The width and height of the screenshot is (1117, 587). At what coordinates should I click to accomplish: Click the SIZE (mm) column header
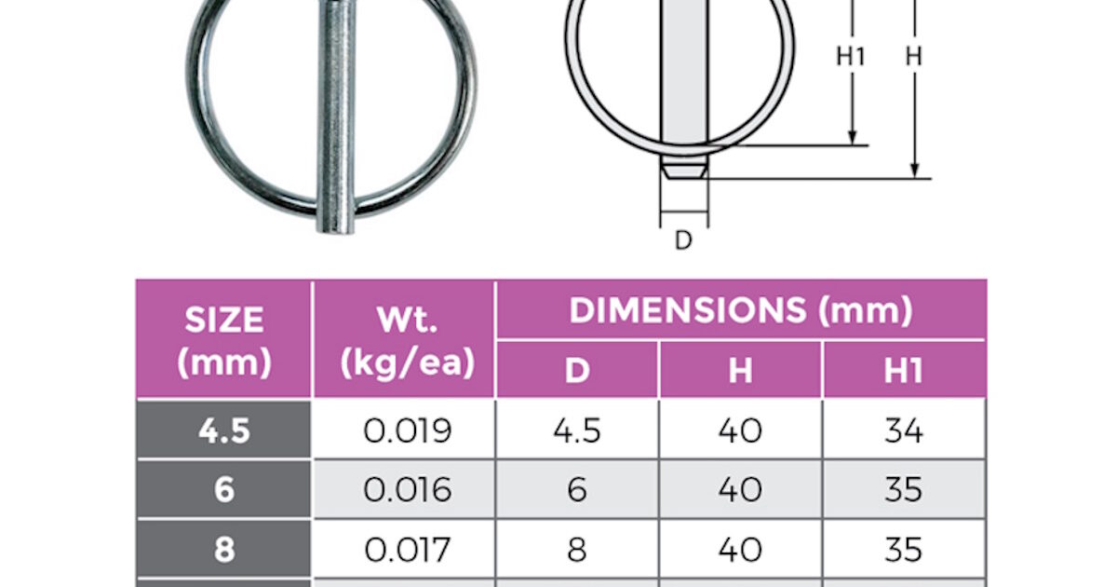[x=224, y=340]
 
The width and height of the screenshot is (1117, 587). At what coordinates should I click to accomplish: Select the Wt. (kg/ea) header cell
[x=403, y=340]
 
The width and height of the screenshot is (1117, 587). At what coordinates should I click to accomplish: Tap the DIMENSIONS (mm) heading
[x=740, y=310]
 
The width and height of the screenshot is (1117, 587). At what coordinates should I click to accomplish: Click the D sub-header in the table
[x=577, y=371]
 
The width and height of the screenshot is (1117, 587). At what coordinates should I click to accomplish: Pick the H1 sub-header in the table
[x=903, y=371]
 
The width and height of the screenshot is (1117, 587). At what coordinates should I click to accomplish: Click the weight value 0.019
[x=407, y=430]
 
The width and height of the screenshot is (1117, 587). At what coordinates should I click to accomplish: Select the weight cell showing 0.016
[x=407, y=490]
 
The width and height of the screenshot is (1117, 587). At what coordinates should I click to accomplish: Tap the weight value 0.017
[x=407, y=549]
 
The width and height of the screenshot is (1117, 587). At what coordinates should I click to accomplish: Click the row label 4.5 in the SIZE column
[x=224, y=430]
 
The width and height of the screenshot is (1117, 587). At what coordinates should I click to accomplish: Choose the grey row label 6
[x=224, y=490]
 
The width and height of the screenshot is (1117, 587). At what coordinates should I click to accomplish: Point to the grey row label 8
[x=224, y=549]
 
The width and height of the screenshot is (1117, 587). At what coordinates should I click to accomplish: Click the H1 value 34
[x=903, y=430]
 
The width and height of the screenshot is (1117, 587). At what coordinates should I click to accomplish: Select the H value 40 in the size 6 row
[x=740, y=490]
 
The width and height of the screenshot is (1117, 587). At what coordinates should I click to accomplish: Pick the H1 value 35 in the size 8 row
[x=903, y=549]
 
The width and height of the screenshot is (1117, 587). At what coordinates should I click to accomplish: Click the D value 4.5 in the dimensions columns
[x=577, y=430]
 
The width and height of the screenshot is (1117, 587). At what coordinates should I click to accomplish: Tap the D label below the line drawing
[x=683, y=240]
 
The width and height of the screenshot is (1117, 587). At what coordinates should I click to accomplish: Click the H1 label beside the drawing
[x=850, y=57]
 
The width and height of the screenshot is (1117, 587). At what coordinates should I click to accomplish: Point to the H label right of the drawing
[x=914, y=57]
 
